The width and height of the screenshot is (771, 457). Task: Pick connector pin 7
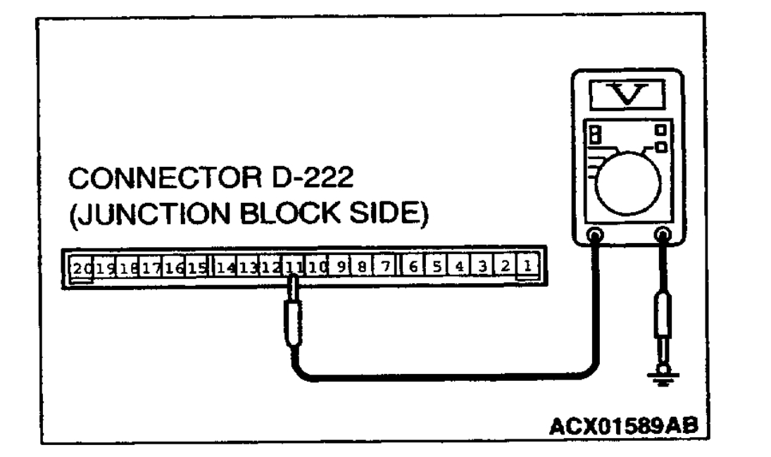tap(385, 267)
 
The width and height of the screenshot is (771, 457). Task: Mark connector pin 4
tap(458, 267)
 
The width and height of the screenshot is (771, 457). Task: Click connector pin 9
tap(340, 267)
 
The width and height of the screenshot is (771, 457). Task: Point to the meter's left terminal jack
tap(594, 236)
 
